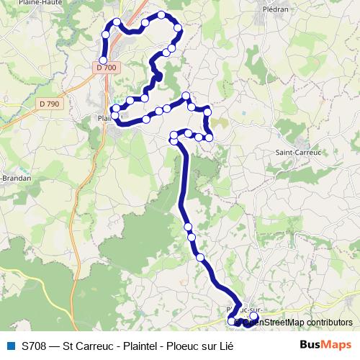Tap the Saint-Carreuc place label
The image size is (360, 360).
click(x=298, y=152)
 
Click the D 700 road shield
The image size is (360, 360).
click(x=105, y=68)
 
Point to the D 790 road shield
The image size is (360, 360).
click(x=50, y=104)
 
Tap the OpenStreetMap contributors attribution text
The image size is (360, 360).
click(x=297, y=323)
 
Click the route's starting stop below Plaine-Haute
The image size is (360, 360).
click(x=104, y=60)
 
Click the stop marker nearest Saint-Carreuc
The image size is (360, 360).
click(x=210, y=137)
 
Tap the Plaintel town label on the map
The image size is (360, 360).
click(x=104, y=118)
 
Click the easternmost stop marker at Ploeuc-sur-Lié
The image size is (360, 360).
click(x=253, y=315)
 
